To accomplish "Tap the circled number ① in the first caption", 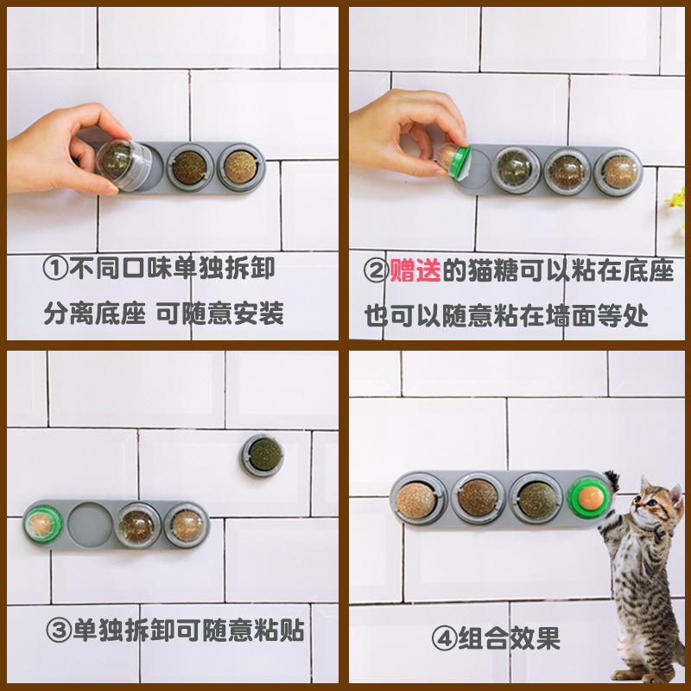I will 56,268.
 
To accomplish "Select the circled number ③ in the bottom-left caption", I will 56,631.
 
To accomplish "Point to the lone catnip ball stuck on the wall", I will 262,454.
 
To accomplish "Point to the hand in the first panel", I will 52,149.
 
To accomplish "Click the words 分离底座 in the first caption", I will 95,313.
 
